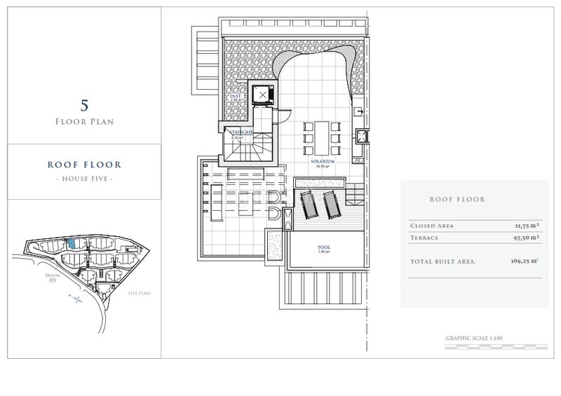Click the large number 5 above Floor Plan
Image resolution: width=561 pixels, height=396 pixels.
[x=84, y=106]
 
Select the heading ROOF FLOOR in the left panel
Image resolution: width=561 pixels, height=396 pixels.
[x=84, y=165]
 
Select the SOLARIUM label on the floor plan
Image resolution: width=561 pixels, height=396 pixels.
[x=323, y=161]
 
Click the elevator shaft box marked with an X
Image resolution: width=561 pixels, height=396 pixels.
[x=263, y=95]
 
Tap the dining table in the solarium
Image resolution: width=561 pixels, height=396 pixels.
[x=323, y=137]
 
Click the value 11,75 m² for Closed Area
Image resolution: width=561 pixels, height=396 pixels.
[x=525, y=226]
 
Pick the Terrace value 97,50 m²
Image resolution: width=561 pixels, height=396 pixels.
[x=525, y=238]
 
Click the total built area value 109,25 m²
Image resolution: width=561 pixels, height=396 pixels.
[x=523, y=261]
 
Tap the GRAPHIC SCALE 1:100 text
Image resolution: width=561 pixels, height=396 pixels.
[x=474, y=339]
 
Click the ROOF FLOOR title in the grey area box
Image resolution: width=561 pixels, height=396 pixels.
[x=457, y=200]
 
